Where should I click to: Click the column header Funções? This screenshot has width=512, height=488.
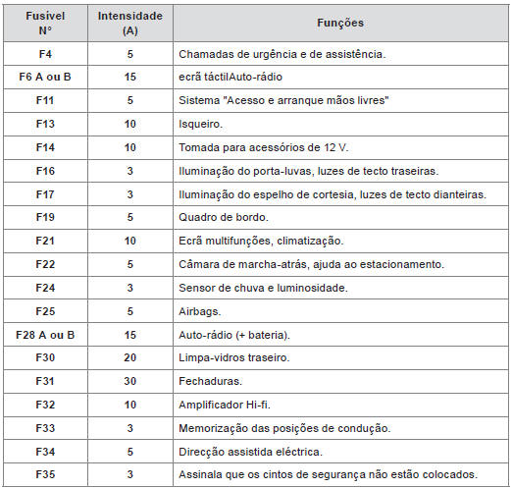click(341, 22)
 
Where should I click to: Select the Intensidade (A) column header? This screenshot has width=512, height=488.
click(130, 23)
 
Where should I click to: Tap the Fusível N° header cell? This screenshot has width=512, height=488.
click(45, 23)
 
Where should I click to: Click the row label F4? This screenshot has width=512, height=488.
click(45, 53)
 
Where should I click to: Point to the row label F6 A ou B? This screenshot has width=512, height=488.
click(45, 77)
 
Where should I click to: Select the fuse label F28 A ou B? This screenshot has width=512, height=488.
click(45, 335)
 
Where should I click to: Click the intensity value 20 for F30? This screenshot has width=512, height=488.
click(130, 358)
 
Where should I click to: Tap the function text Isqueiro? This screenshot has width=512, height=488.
click(202, 124)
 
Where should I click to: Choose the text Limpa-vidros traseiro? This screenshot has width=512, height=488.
click(235, 358)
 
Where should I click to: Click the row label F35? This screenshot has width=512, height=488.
click(45, 475)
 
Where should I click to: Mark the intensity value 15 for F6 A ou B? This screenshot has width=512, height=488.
click(130, 77)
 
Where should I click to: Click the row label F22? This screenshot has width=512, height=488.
click(45, 264)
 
